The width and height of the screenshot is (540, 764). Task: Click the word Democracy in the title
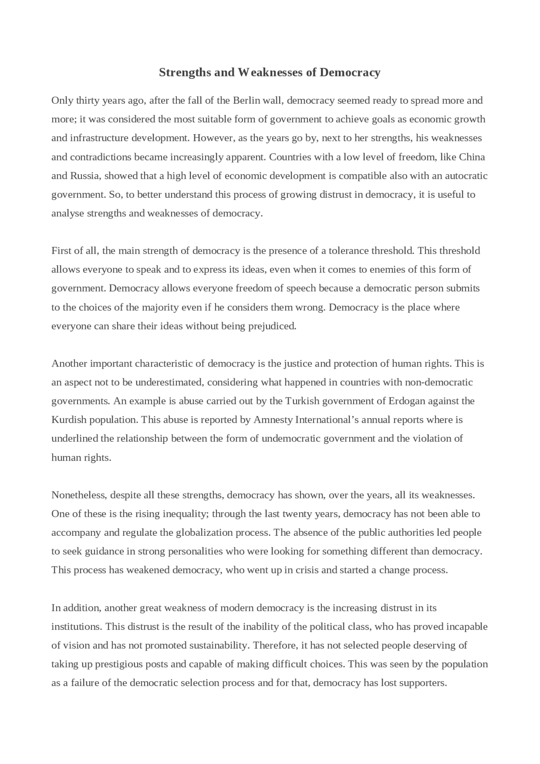[350, 73]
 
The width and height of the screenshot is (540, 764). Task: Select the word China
[472, 157]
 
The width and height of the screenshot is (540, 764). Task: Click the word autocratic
[466, 175]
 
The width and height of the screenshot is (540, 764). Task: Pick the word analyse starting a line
[67, 213]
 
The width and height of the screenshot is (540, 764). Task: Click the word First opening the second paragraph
[61, 251]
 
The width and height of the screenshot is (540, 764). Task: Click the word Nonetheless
[78, 495]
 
